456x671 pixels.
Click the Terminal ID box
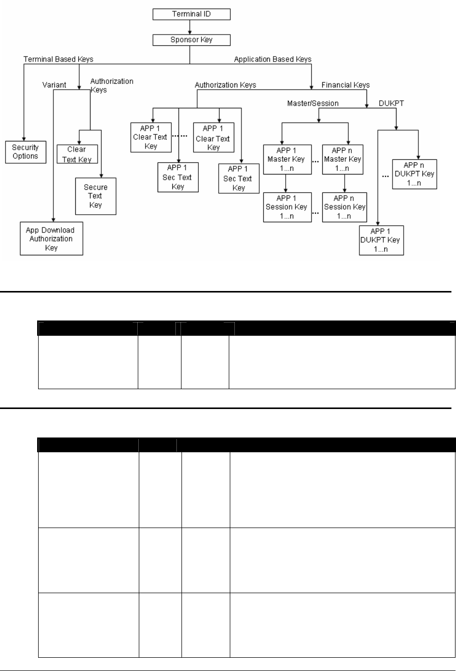tap(190, 15)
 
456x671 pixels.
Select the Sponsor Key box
tap(190, 39)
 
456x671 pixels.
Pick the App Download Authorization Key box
tap(51, 238)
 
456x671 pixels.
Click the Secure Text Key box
tap(96, 196)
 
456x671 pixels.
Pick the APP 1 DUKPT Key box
tap(381, 240)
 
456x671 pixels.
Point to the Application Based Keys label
tap(272, 60)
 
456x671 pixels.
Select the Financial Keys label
tap(346, 85)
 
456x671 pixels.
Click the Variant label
tap(55, 85)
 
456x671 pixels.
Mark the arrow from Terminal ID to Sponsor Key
tap(190, 27)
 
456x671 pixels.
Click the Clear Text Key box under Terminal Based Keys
tap(76, 154)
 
